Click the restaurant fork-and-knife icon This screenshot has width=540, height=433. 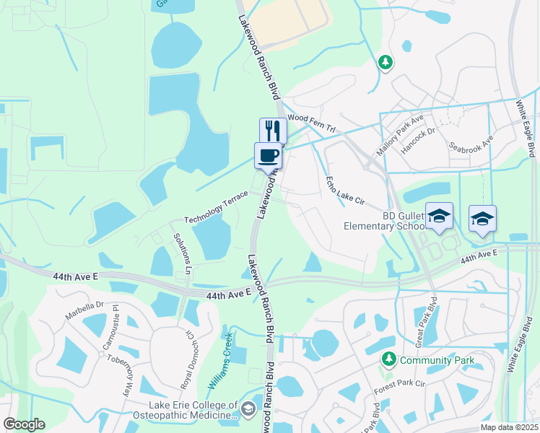[273, 130]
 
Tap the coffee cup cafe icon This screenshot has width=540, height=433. [267, 154]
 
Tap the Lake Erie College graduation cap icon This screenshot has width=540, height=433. [248, 410]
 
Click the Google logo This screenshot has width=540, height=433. [24, 424]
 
